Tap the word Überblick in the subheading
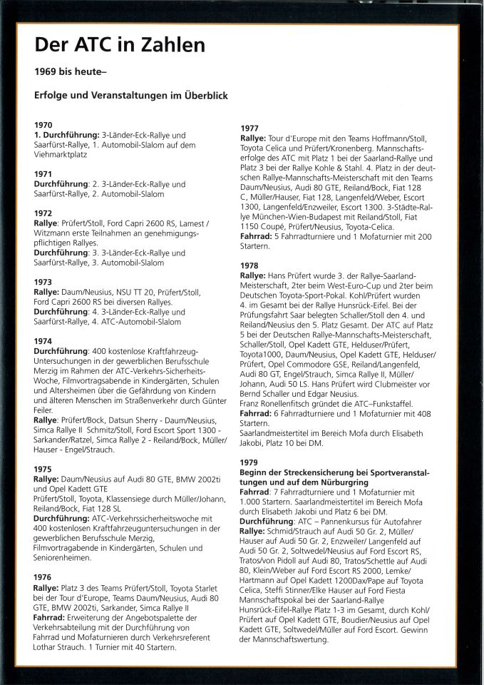point(203,96)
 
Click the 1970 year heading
point(43,125)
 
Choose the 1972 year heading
point(43,213)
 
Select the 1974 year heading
point(43,341)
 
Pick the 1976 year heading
point(43,577)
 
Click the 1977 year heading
point(250,128)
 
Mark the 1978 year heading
point(250,265)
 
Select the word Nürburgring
point(326,482)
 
